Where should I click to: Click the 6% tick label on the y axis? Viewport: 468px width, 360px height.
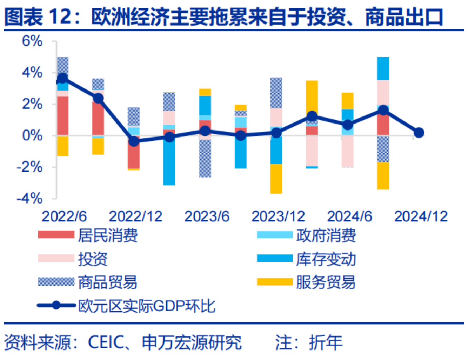(x=32, y=41)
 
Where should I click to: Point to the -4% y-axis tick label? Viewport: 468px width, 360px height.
(x=30, y=199)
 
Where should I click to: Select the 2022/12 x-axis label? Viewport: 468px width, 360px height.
(x=135, y=216)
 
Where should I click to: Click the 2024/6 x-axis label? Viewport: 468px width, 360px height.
(x=349, y=216)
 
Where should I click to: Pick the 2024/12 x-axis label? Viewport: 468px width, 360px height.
(x=421, y=216)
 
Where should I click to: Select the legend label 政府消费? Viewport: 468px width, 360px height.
(x=326, y=235)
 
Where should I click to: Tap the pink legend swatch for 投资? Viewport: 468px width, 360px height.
(x=56, y=259)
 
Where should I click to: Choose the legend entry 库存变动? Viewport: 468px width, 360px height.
(x=326, y=259)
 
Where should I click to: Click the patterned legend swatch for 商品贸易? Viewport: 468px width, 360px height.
(x=56, y=282)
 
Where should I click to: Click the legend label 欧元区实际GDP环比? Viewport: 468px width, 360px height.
(x=146, y=306)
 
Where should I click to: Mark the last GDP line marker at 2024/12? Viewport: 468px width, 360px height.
(x=419, y=133)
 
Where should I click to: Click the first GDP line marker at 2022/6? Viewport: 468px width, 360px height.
(x=62, y=79)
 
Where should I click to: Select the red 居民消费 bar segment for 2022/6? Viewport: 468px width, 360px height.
(x=62, y=116)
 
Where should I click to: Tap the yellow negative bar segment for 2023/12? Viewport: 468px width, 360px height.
(x=276, y=179)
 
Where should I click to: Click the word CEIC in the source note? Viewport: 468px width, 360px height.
(x=106, y=342)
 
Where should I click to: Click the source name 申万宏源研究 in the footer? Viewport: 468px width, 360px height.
(x=192, y=342)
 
